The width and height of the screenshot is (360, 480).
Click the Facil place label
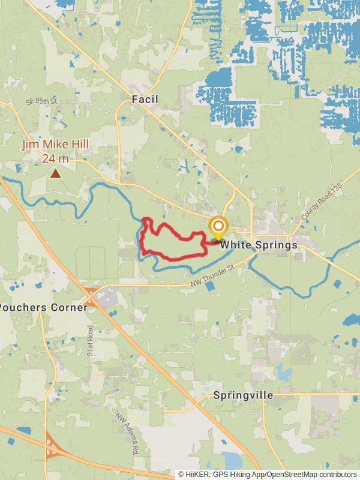[145, 99]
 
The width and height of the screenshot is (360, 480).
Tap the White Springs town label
[259, 245]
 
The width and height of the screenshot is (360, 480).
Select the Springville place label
[243, 395]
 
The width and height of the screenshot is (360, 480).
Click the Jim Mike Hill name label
[55, 145]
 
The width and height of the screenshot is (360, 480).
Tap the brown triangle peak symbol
[55, 173]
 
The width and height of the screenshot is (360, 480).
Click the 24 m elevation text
[55, 158]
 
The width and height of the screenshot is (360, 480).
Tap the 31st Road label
[91, 341]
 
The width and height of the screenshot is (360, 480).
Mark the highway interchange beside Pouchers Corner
[91, 296]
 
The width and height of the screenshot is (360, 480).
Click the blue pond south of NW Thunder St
[210, 286]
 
